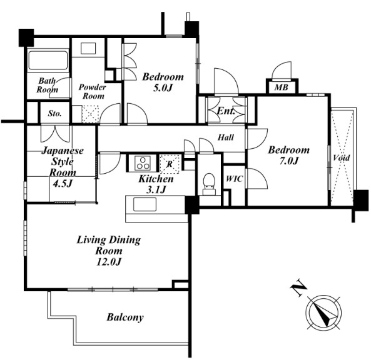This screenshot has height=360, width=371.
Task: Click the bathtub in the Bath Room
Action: pyautogui.click(x=48, y=60)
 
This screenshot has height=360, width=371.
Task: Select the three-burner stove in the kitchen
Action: pyautogui.click(x=143, y=163)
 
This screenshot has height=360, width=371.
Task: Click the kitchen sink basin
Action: pyautogui.click(x=145, y=204)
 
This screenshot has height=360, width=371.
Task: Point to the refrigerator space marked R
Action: pyautogui.click(x=170, y=164)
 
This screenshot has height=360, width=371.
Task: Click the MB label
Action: pyautogui.click(x=281, y=87)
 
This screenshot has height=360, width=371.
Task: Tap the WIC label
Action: pyautogui.click(x=234, y=179)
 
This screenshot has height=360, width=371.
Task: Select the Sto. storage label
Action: pyautogui.click(x=54, y=114)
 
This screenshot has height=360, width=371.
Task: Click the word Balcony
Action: pyautogui.click(x=125, y=317)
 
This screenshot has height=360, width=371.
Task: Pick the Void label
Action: pyautogui.click(x=342, y=157)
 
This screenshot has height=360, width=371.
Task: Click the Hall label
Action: pyautogui.click(x=226, y=137)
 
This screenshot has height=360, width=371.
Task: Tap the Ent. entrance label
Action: pyautogui.click(x=226, y=111)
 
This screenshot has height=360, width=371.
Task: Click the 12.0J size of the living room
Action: pyautogui.click(x=109, y=262)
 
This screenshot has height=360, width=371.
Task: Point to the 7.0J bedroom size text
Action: pyautogui.click(x=289, y=161)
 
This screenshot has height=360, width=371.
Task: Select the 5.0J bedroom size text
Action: pyautogui.click(x=163, y=88)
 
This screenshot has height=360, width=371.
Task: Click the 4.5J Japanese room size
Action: pyautogui.click(x=62, y=183)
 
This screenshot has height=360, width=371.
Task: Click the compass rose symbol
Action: pyautogui.click(x=323, y=312)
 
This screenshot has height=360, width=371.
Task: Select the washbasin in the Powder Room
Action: pyautogui.click(x=88, y=49)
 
